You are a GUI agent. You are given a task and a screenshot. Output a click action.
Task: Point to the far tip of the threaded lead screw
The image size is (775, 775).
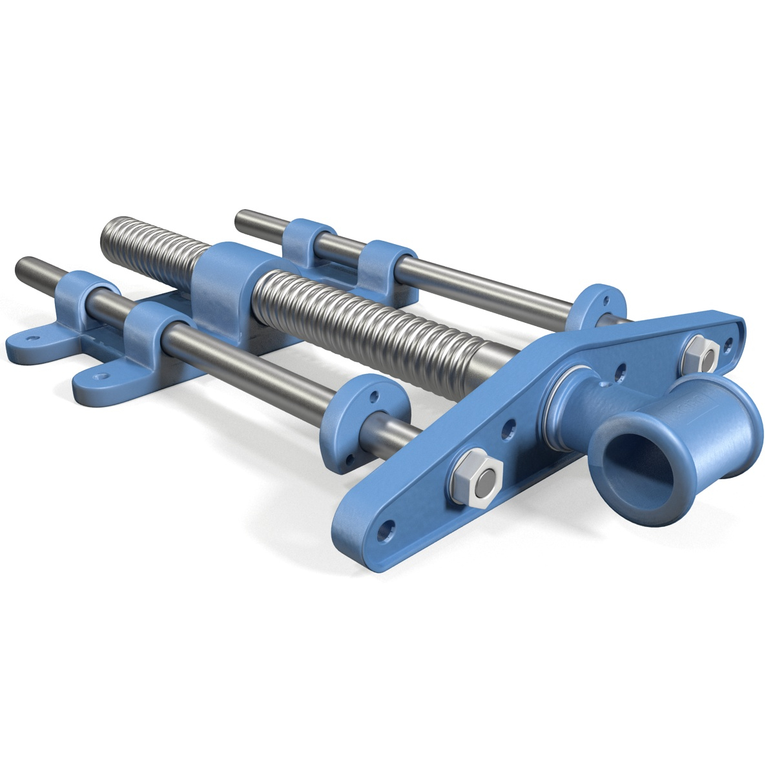pos(107,235)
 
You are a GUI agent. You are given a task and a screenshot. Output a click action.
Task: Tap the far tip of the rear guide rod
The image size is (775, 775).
pos(240,219)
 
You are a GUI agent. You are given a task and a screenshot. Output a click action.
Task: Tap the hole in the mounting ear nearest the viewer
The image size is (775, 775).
pos(101,376)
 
